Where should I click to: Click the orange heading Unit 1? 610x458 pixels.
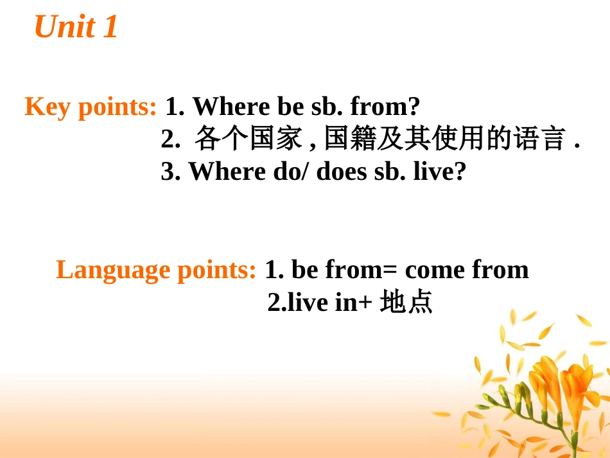[76, 26]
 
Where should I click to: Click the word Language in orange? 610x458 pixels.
[113, 270]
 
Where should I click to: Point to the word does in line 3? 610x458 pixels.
[341, 172]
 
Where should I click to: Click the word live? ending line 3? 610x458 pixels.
[440, 172]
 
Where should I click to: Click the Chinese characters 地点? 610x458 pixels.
[406, 301]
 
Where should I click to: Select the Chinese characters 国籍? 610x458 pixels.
[350, 138]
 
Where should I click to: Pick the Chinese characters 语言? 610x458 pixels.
[539, 138]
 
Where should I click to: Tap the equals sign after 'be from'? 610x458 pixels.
[390, 270]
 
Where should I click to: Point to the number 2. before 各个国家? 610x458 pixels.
[171, 139]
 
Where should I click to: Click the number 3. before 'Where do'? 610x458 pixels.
[171, 172]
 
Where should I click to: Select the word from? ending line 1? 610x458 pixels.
[385, 106]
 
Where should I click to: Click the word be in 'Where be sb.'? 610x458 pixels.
[290, 106]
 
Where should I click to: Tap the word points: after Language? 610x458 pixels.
[216, 270]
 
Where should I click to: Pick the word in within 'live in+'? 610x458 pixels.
[346, 301]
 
